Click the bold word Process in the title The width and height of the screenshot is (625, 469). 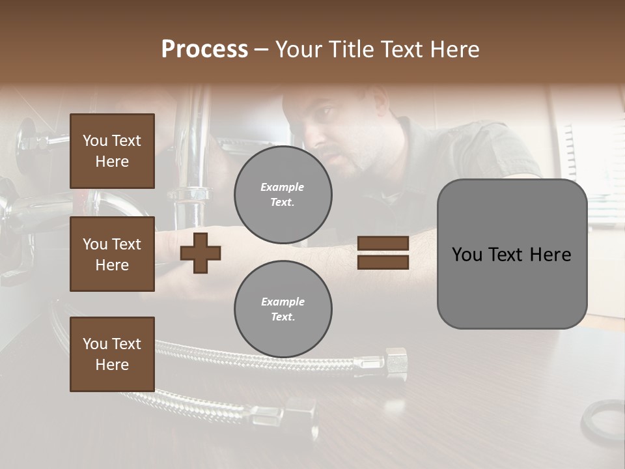coord(204,49)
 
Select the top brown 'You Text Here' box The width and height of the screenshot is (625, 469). coord(112,151)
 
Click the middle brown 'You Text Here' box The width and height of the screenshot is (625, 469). coord(112,254)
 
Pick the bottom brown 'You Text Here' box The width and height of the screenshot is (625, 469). coord(112,354)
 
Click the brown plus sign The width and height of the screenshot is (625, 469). coord(200,253)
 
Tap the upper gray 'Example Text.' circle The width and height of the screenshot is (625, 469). coord(283,195)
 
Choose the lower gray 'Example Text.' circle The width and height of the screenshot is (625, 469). coord(283,309)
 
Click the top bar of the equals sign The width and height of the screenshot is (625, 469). coord(383,244)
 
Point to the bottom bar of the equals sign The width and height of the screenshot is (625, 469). coord(383,262)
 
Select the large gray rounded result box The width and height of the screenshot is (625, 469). coord(512,254)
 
